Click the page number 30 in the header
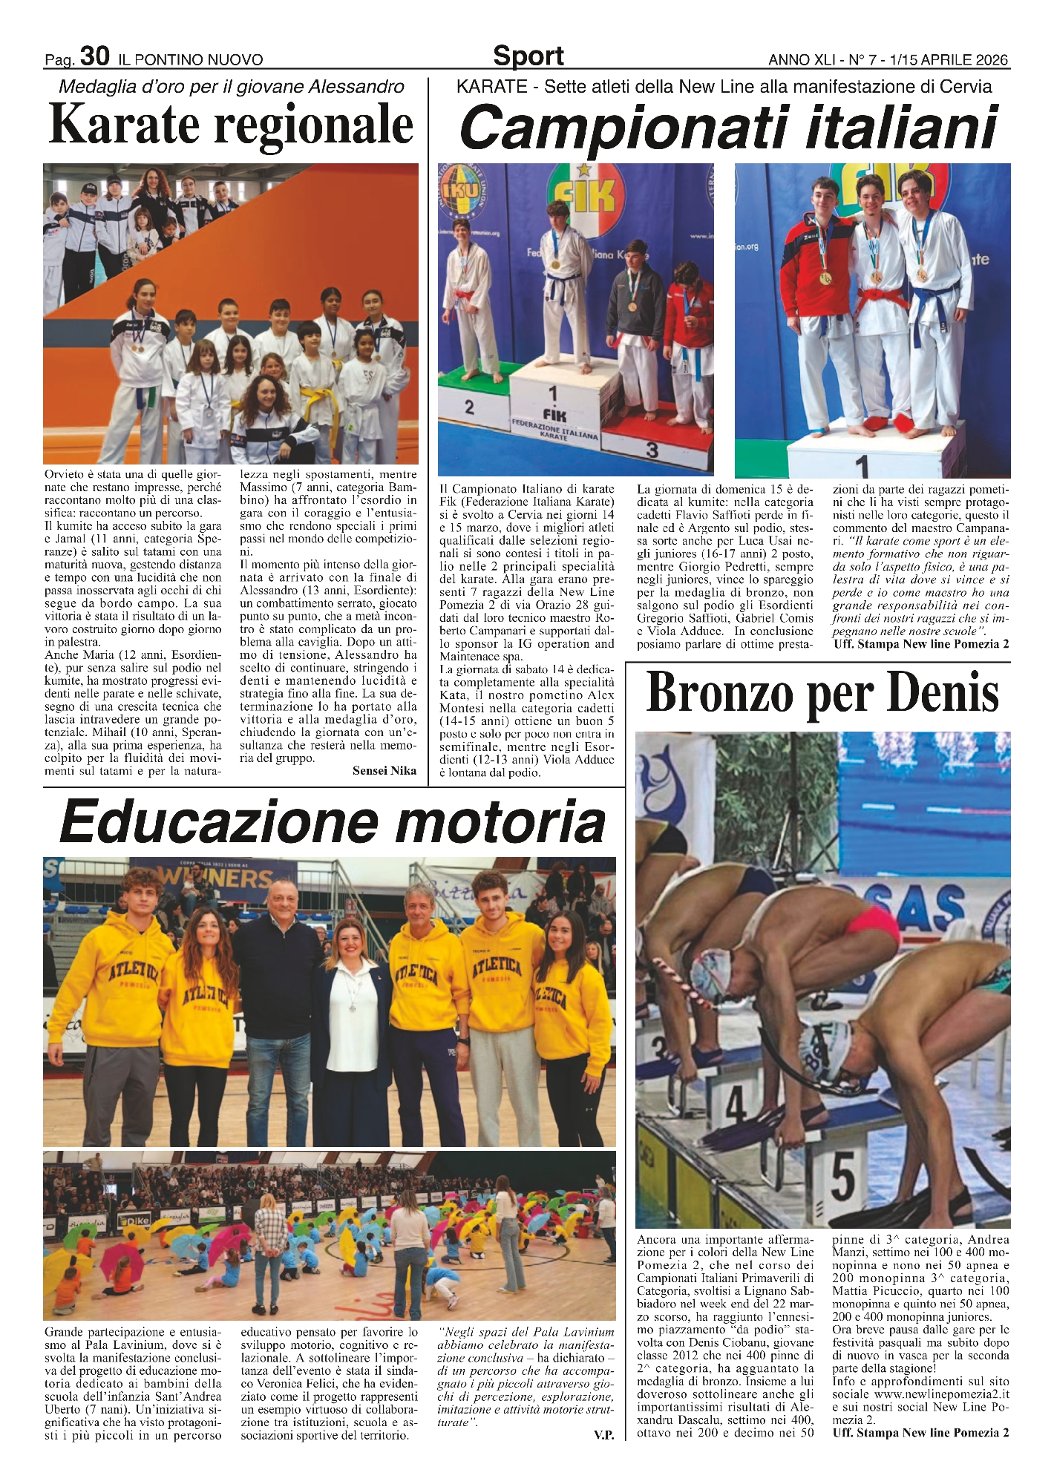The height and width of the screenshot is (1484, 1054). click(94, 56)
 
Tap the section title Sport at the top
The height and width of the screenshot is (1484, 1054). click(528, 56)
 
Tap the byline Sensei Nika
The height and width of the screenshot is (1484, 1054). click(384, 770)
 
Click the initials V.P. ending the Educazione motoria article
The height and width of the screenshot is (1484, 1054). click(603, 1435)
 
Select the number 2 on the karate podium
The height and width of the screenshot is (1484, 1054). click(468, 407)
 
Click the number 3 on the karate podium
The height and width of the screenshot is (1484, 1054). click(651, 449)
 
